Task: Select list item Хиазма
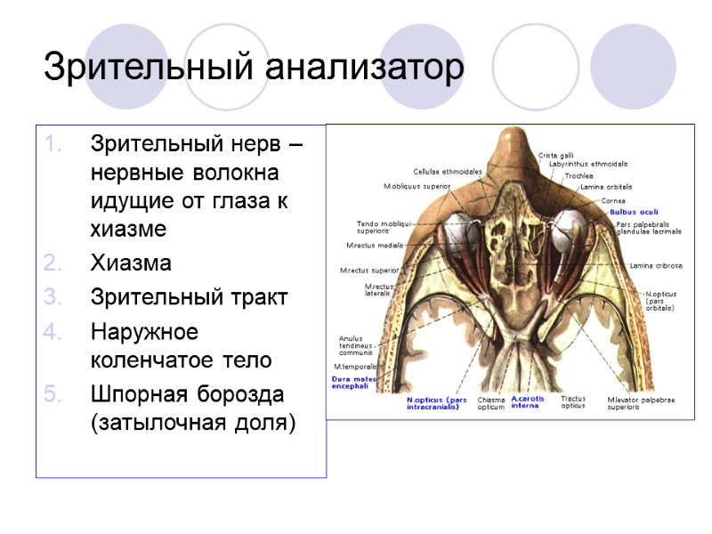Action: [x=131, y=263]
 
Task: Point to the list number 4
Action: [x=53, y=331]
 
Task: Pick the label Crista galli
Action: [x=556, y=155]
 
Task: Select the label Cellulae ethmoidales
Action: [x=447, y=172]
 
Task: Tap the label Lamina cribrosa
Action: [x=656, y=265]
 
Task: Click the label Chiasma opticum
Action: [x=491, y=403]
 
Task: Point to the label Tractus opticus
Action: [x=573, y=403]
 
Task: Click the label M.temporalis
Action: [x=355, y=366]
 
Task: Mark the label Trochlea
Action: [x=578, y=175]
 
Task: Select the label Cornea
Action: [x=613, y=200]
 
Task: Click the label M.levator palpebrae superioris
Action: [x=641, y=403]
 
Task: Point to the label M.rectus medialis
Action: [x=375, y=245]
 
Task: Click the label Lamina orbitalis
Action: [x=606, y=187]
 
